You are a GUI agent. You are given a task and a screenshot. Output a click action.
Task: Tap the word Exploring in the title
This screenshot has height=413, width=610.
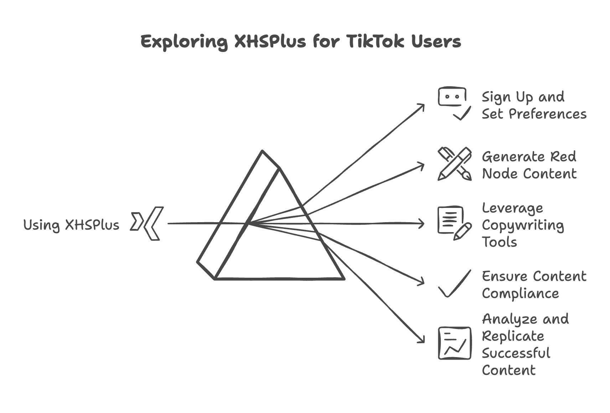(x=184, y=42)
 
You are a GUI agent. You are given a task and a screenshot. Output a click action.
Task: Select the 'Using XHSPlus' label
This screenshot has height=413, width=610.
(x=71, y=225)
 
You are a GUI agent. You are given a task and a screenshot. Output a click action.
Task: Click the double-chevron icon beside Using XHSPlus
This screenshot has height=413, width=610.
(x=147, y=223)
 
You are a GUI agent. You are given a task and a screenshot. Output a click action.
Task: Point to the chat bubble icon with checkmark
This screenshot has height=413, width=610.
(x=454, y=103)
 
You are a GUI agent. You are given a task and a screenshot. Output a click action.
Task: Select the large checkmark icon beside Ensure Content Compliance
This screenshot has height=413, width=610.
(x=454, y=284)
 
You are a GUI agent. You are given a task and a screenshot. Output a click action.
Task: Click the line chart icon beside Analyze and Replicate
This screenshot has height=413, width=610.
(x=454, y=343)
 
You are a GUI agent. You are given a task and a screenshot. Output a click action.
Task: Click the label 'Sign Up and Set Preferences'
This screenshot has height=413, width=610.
(x=534, y=105)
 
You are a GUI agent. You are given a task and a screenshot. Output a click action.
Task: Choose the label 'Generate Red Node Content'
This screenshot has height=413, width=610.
(x=529, y=165)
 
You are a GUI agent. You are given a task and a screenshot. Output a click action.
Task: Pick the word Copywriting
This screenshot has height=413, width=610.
(x=523, y=225)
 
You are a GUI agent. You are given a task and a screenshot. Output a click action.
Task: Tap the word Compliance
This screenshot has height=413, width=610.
(x=520, y=294)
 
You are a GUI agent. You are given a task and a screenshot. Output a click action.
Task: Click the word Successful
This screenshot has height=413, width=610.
(x=516, y=353)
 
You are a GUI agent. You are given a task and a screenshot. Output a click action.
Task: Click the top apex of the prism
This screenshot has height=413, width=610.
(x=262, y=151)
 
